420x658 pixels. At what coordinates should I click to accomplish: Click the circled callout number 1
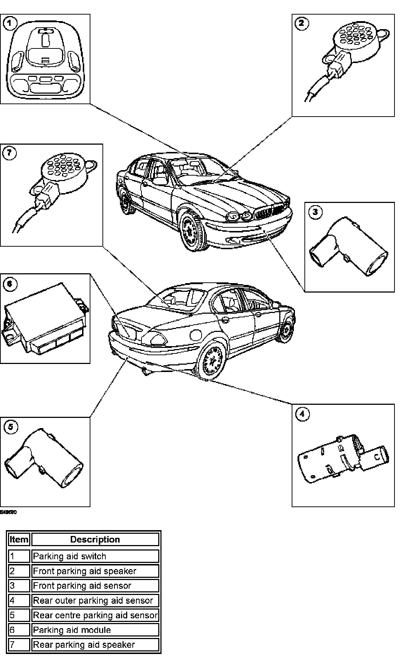coord(10,24)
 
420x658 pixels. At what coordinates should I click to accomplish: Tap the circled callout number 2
coord(302,24)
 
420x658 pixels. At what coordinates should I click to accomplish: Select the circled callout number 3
coord(315,212)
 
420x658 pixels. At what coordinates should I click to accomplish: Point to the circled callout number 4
coord(302,414)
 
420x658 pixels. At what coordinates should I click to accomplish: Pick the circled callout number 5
coord(11,427)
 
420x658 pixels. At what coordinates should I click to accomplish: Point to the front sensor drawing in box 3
coord(348,248)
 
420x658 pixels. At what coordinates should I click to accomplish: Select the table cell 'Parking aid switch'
coord(95,556)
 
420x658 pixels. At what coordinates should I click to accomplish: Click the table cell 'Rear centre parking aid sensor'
coord(95,615)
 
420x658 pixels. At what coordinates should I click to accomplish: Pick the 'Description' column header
coord(95,540)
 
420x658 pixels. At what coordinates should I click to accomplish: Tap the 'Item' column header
coord(19,540)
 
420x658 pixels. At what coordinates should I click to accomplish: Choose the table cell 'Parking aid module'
coord(95,630)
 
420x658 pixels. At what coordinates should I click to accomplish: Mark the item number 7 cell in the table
coord(19,645)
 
